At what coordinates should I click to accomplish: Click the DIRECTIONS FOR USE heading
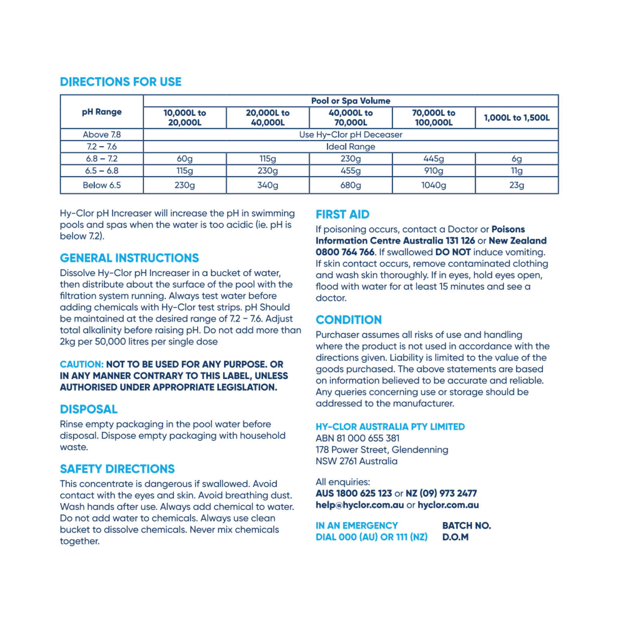coord(120,82)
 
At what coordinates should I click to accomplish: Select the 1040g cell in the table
coord(434,185)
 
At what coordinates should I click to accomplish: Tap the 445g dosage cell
coord(434,158)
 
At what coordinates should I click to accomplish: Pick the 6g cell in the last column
coord(517,158)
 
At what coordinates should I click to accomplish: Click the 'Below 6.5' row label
coord(102,185)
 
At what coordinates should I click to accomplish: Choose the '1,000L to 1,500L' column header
coord(517,118)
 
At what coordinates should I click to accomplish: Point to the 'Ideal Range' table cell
coord(350,146)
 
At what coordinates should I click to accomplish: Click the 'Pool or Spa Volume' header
coord(350,101)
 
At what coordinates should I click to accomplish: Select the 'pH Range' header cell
coord(102,112)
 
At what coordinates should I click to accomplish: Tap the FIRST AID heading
coord(342,214)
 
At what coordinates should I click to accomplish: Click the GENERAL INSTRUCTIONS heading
coord(129,258)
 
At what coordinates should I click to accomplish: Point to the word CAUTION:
coord(82,364)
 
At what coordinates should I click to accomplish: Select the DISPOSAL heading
coord(88,409)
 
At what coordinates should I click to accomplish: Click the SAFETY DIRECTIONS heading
coord(117,469)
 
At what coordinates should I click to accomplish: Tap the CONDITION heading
coord(349,320)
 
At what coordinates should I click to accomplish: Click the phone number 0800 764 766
coord(345,252)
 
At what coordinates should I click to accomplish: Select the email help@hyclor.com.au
coord(359,505)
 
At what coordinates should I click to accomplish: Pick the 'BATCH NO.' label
coord(467,526)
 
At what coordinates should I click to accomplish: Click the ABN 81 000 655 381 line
coord(357,438)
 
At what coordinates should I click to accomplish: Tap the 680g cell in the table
coord(350,185)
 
